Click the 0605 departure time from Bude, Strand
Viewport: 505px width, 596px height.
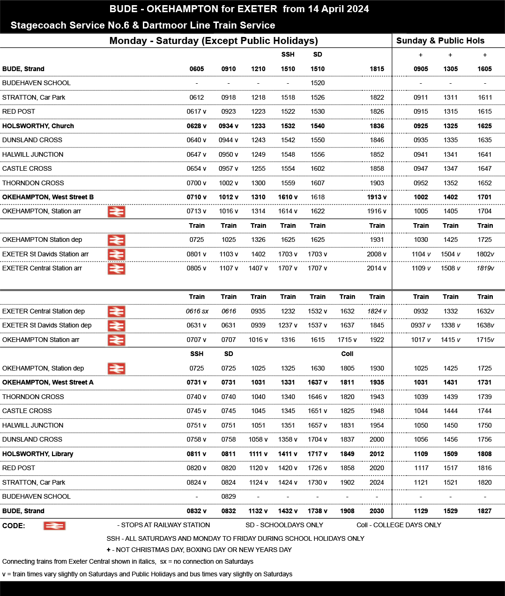(x=197, y=69)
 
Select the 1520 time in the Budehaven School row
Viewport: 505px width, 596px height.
(x=318, y=83)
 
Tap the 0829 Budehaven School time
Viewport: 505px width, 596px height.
(x=229, y=496)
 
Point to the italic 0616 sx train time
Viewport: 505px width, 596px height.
(x=197, y=311)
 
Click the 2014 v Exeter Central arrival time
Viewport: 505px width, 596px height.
(x=377, y=268)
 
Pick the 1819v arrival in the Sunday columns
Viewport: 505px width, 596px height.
(x=485, y=268)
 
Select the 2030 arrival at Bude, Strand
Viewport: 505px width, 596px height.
(x=377, y=511)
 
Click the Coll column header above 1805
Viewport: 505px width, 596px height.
(x=347, y=354)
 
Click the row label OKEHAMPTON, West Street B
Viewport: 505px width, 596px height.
(x=48, y=197)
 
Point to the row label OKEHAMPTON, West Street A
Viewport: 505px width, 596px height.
(x=48, y=382)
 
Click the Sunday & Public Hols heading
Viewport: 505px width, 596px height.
(x=440, y=41)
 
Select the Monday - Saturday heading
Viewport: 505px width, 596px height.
(x=214, y=41)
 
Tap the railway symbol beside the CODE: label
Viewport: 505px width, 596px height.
(x=54, y=526)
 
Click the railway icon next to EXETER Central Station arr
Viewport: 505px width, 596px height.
(x=116, y=269)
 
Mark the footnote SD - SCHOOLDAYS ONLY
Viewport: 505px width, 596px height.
(x=284, y=525)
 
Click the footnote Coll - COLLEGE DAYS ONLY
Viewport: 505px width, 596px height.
(x=399, y=525)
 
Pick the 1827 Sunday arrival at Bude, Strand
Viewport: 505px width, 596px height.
(x=484, y=511)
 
